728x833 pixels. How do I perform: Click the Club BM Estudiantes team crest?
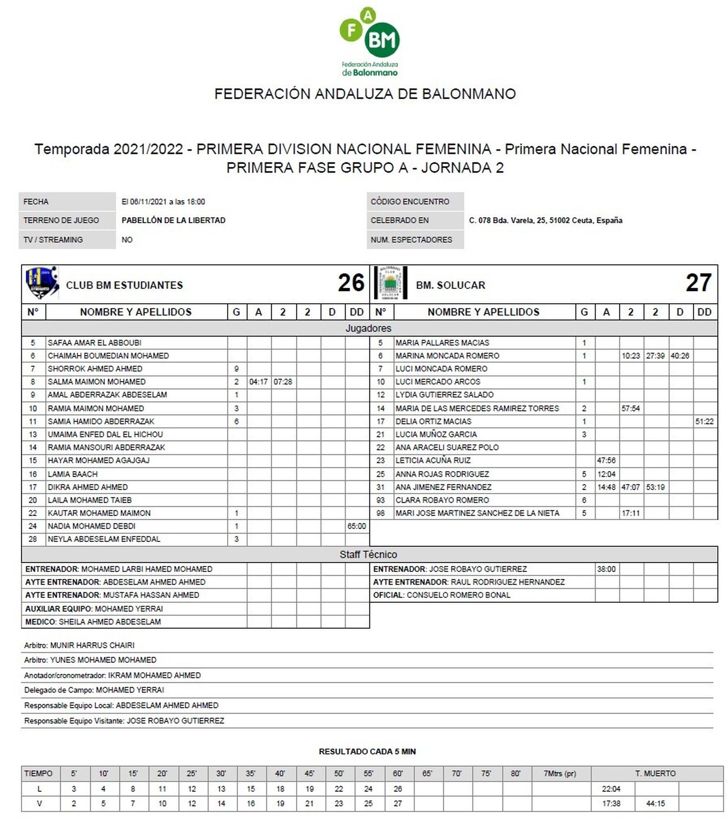tap(41, 282)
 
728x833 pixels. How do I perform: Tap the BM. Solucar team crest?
tap(390, 283)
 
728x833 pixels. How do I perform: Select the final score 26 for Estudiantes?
tap(351, 283)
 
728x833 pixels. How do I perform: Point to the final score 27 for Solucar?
tap(698, 283)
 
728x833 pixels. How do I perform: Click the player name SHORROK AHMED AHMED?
tap(95, 369)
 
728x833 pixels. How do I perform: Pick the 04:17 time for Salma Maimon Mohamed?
tap(258, 382)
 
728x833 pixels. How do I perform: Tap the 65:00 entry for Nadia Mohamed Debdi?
tap(357, 526)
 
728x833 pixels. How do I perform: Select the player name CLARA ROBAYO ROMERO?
tap(442, 500)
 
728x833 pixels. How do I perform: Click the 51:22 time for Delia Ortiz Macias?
tap(704, 422)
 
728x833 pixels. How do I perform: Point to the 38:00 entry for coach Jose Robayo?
tap(606, 569)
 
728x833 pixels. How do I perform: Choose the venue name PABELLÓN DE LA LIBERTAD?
tap(173, 221)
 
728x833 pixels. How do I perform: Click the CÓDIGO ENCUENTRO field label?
tap(409, 201)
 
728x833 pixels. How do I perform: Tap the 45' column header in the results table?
tap(309, 773)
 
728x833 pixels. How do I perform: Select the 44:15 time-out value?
tap(655, 803)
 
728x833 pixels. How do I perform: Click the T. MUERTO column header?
tap(655, 773)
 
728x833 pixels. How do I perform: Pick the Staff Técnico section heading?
tap(368, 554)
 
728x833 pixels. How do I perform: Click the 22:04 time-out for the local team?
tap(611, 789)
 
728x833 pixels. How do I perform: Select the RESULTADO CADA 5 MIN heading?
tap(367, 752)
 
